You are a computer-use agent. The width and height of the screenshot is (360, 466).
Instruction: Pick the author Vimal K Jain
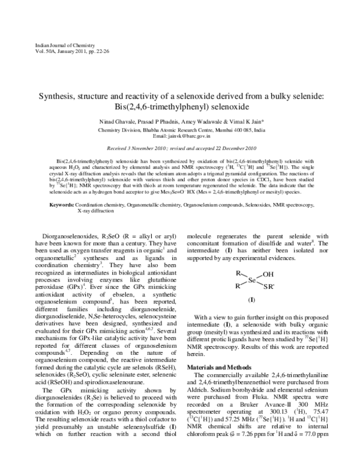pyautogui.click(x=253, y=121)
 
